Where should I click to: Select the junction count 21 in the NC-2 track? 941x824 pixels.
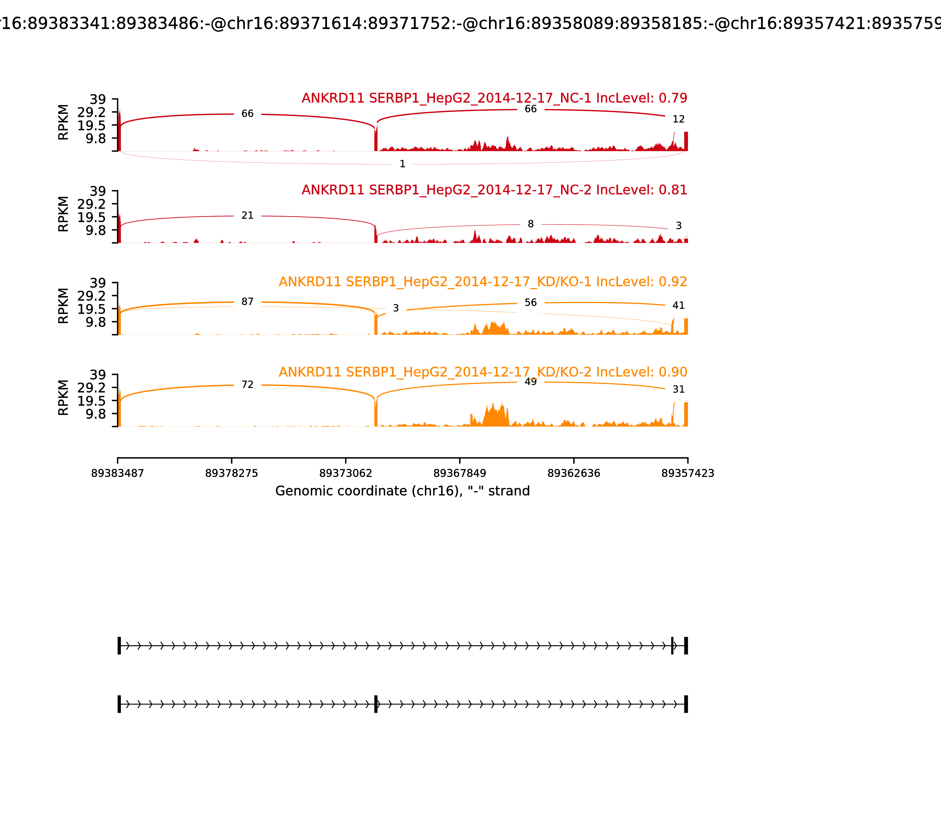tap(247, 216)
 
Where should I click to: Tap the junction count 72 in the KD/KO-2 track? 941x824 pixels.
tap(247, 385)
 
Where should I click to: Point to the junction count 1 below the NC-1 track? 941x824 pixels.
tap(403, 164)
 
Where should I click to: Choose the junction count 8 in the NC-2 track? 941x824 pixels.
tap(531, 224)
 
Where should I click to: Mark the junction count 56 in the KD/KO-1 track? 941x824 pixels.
tap(531, 303)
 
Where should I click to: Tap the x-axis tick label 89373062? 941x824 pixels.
tap(346, 474)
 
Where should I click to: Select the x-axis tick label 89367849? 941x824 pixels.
tap(459, 474)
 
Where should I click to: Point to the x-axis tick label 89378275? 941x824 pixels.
tap(232, 474)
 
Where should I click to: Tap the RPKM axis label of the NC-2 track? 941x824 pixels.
tap(64, 214)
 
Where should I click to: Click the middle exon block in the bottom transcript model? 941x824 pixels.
tap(376, 704)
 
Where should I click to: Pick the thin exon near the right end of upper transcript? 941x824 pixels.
tap(672, 646)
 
